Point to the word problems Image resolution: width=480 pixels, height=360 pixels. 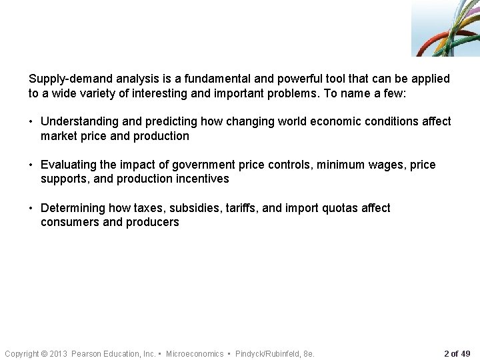[290, 93]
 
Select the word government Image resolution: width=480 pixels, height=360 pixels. [209, 165]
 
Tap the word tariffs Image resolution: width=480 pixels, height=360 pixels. [241, 208]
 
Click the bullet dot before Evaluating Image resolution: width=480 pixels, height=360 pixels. [31, 165]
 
